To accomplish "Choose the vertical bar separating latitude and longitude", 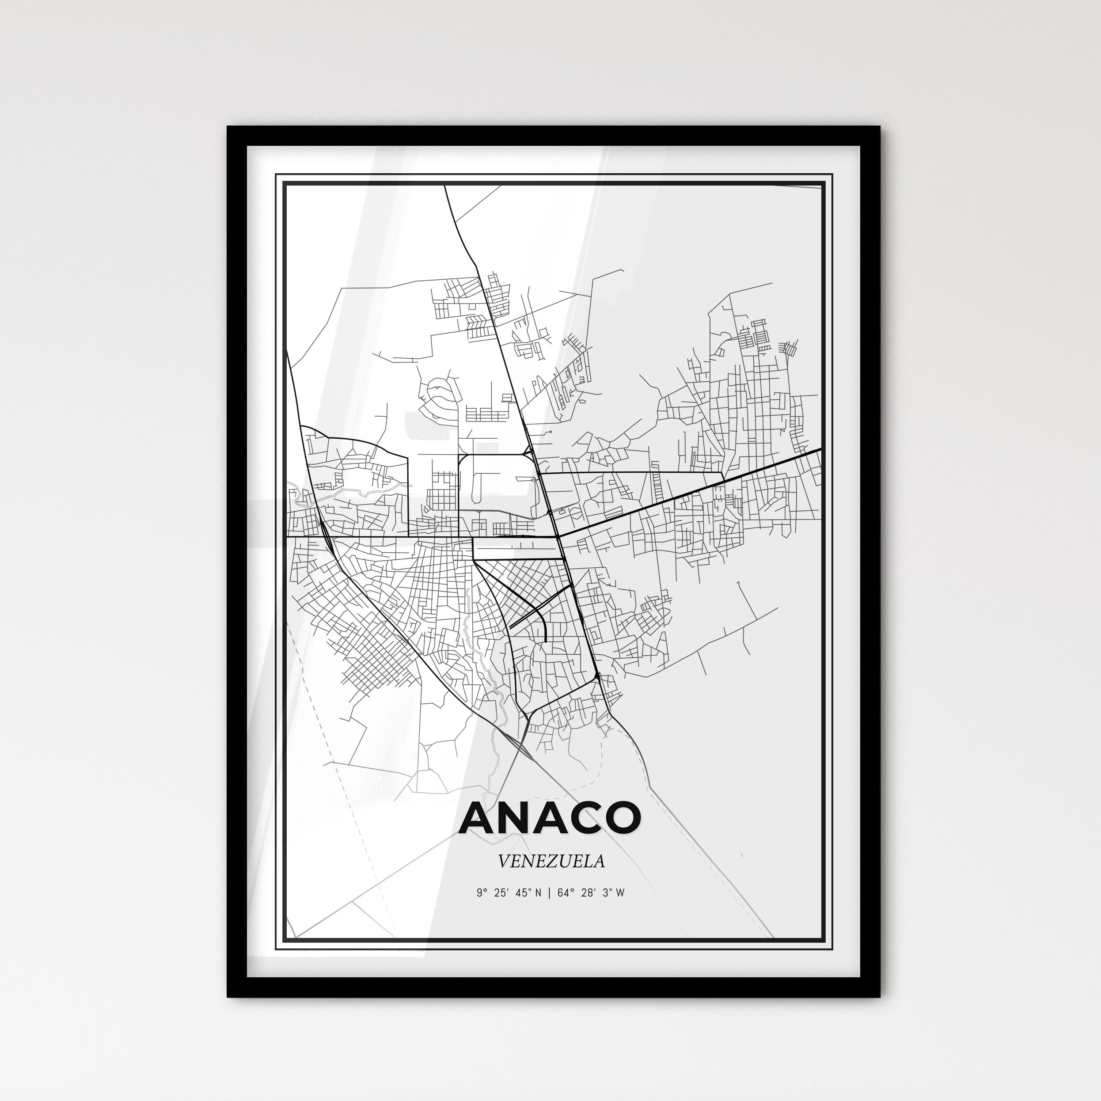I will tap(549, 893).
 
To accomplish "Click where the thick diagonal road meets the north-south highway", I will tap(559, 536).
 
